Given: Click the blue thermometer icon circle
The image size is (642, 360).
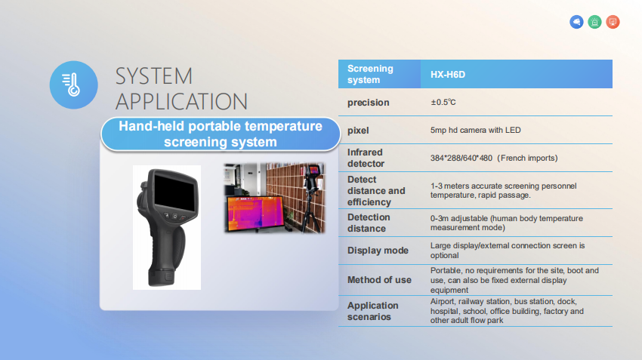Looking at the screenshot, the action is (x=74, y=85).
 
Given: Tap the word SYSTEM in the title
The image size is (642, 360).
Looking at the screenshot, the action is (x=154, y=76).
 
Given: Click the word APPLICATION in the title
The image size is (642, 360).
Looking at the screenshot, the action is (x=181, y=101).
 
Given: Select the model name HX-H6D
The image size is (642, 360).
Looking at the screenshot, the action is (x=448, y=75).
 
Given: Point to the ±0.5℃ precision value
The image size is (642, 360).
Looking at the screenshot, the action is (x=443, y=102).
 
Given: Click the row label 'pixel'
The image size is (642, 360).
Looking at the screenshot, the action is (x=358, y=131).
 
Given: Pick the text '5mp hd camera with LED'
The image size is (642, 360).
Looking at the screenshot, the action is (x=475, y=130).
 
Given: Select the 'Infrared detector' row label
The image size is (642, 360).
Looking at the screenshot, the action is (x=366, y=158).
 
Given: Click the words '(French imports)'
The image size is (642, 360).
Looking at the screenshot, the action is (x=527, y=158).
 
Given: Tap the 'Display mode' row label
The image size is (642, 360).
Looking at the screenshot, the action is (x=378, y=251).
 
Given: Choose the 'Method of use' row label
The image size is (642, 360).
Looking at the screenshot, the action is (x=379, y=280).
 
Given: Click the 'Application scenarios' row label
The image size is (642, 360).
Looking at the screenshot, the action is (x=372, y=311).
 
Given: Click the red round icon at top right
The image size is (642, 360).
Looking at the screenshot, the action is (x=613, y=22).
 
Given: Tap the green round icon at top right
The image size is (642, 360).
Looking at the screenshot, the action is (x=594, y=22).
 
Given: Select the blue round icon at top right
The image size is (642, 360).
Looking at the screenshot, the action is (x=576, y=22).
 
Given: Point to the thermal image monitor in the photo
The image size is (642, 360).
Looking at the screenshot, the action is (x=255, y=213).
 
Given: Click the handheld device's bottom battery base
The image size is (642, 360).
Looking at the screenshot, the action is (x=162, y=277).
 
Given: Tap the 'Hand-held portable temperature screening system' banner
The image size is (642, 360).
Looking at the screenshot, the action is (x=221, y=134).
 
